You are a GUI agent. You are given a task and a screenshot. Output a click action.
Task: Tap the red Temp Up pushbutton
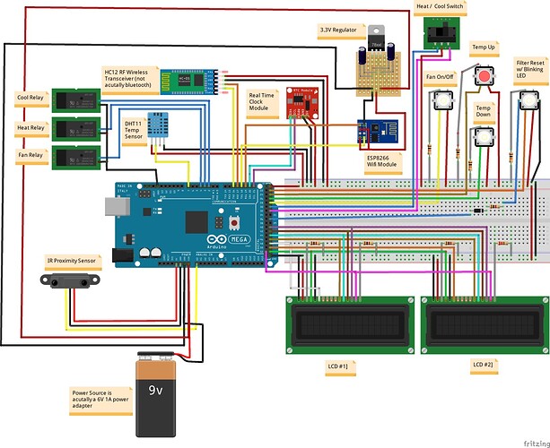point(485,79)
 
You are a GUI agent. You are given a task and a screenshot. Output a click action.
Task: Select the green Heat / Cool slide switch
point(440,34)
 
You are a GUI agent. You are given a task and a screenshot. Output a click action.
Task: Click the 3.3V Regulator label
point(338,30)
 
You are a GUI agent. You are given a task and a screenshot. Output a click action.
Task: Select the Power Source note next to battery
point(100,397)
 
